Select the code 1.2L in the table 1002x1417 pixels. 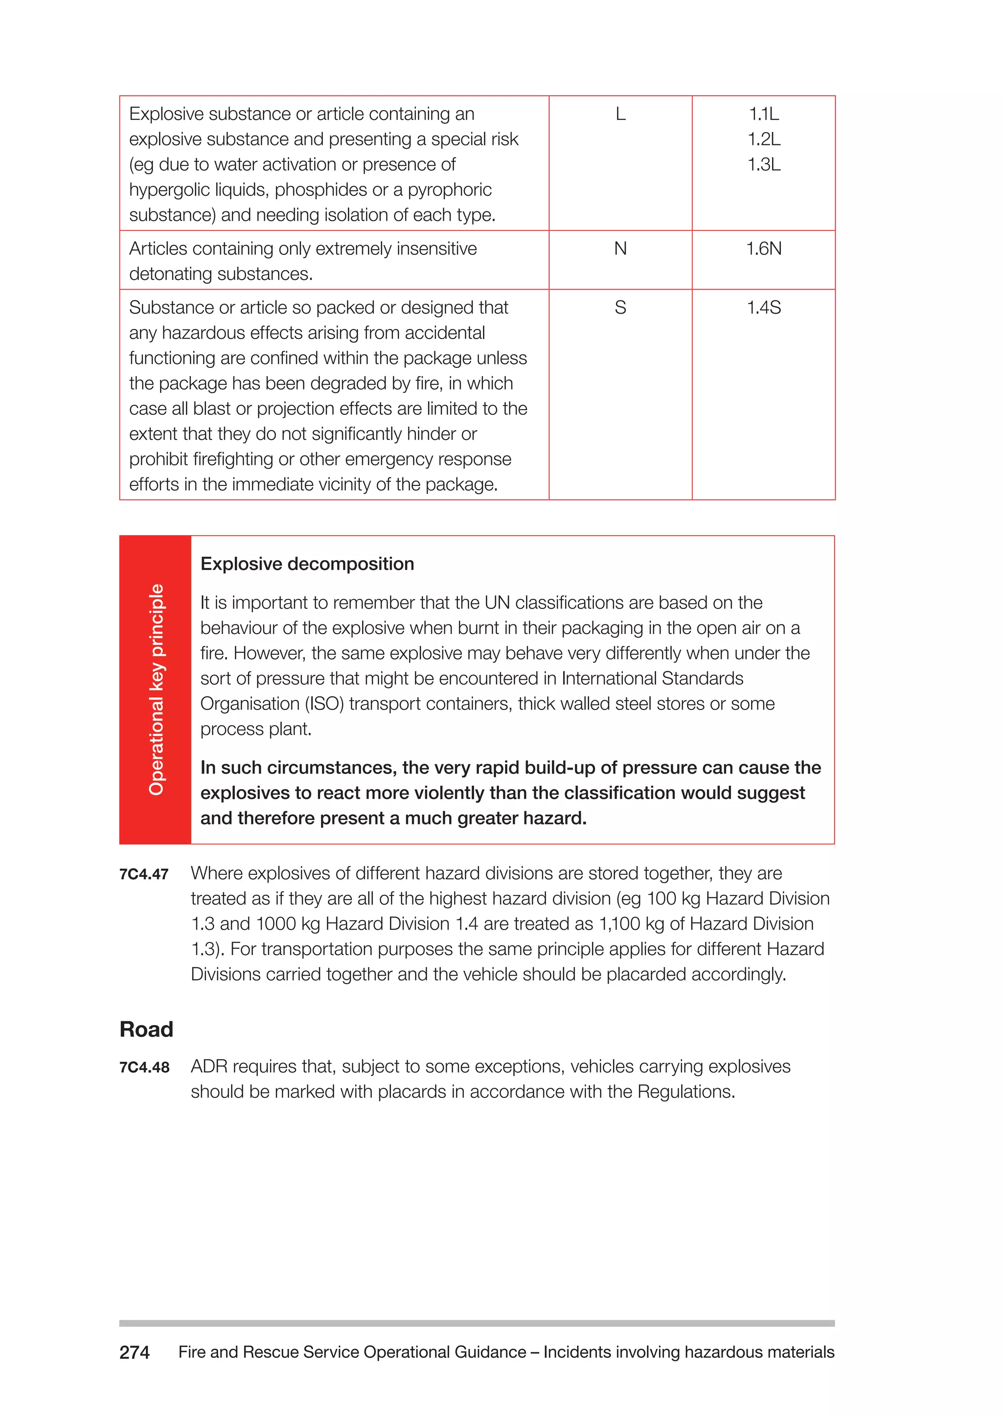(x=763, y=139)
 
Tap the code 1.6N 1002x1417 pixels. (x=763, y=249)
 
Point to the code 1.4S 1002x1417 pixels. (x=763, y=307)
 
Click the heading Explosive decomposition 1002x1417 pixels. (x=307, y=564)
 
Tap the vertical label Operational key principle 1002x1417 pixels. (x=156, y=689)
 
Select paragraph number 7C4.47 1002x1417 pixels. (x=144, y=874)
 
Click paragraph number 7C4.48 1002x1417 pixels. (x=144, y=1068)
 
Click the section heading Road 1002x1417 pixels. (x=146, y=1029)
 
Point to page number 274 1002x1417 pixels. (x=134, y=1353)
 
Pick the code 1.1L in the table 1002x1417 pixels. (x=763, y=114)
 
